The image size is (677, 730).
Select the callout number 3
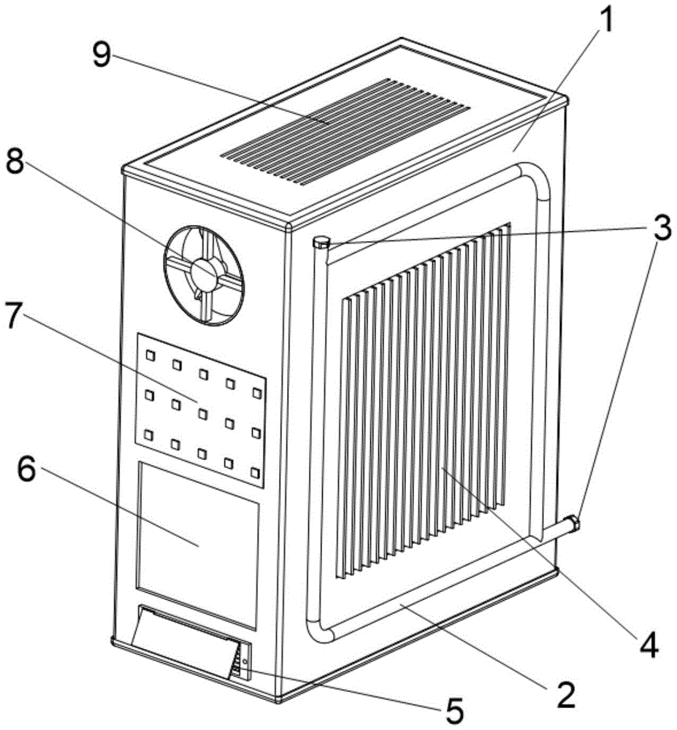point(661,230)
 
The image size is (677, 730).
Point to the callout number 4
point(649,643)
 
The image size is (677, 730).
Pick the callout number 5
point(454,710)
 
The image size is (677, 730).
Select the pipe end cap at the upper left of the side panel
point(321,243)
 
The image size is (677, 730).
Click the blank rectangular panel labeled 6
point(198,544)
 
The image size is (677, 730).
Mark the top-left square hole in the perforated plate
point(150,356)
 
